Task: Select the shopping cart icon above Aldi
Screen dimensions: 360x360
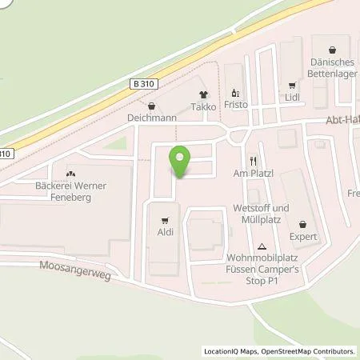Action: pyautogui.click(x=166, y=218)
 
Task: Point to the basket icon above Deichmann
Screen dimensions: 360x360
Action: pyautogui.click(x=151, y=104)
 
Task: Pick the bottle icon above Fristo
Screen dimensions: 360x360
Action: pyautogui.click(x=235, y=91)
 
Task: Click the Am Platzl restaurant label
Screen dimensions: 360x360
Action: pyautogui.click(x=253, y=174)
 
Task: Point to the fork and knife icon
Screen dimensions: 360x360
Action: pyautogui.click(x=253, y=160)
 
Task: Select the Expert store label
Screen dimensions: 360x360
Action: pyautogui.click(x=304, y=237)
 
